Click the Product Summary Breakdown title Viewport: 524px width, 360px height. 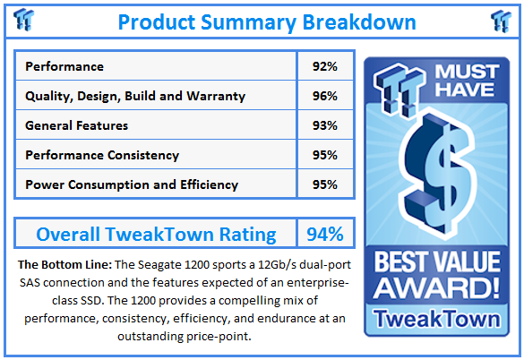coord(262,21)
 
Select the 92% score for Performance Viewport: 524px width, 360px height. coord(320,66)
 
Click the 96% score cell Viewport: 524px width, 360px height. coord(320,96)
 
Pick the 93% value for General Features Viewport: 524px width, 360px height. coord(320,125)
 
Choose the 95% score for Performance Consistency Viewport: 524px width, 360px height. coord(320,155)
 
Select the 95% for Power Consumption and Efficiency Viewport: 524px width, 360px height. coord(320,184)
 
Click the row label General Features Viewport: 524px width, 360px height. coord(76,125)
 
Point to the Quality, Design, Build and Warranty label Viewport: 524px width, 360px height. coord(134,96)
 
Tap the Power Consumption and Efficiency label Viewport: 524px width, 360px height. coord(131,184)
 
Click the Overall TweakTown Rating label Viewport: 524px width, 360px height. coord(156,235)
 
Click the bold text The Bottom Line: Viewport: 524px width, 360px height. coord(62,267)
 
